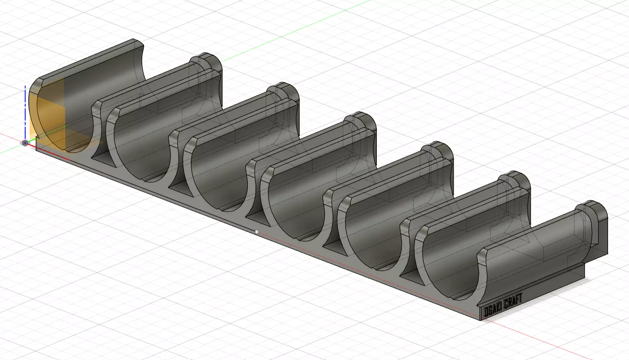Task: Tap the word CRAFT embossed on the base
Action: (x=513, y=301)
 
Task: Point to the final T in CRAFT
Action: (x=520, y=298)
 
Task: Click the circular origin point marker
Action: (x=25, y=143)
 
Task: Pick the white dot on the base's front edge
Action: (x=257, y=232)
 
